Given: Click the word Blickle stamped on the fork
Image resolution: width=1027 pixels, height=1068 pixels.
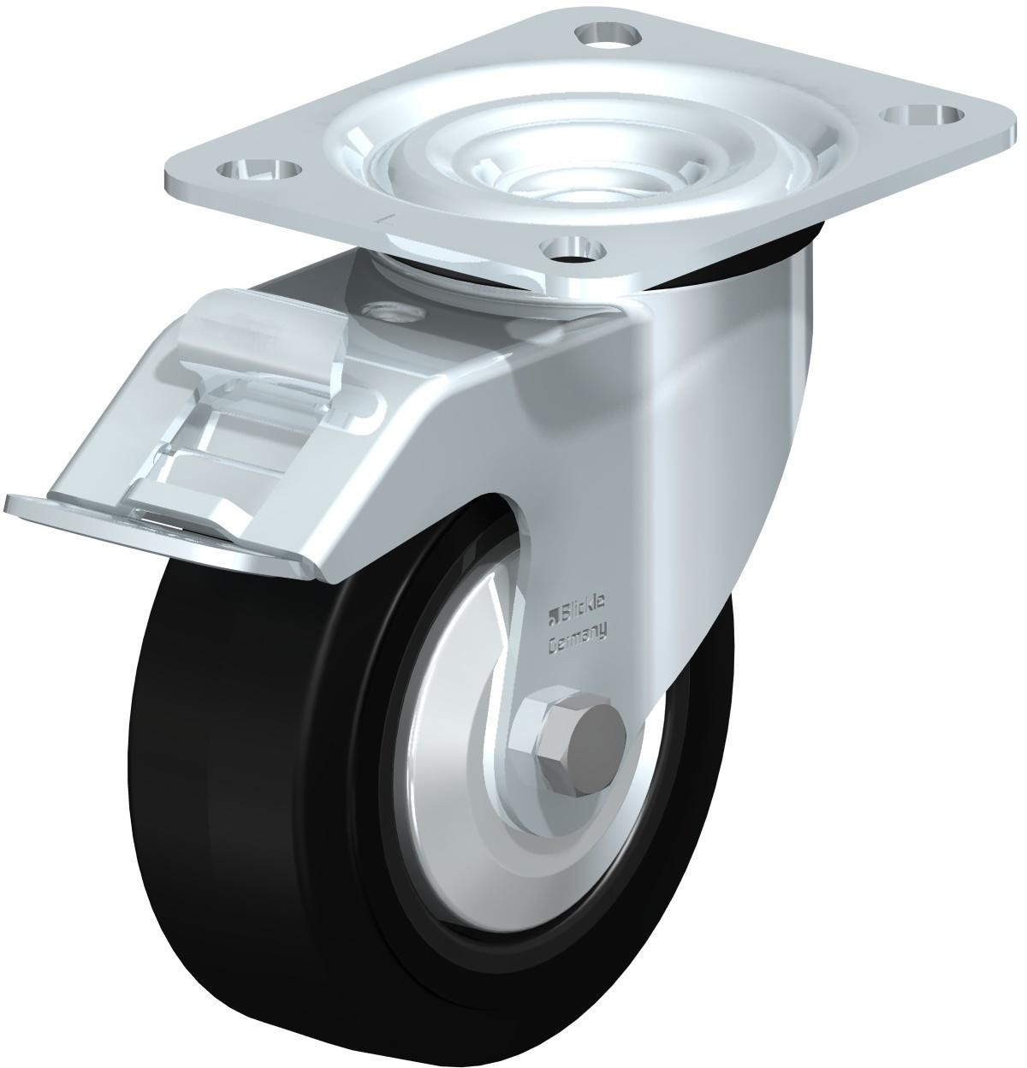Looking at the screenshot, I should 585,607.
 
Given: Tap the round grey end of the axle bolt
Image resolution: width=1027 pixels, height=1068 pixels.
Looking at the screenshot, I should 599,735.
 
